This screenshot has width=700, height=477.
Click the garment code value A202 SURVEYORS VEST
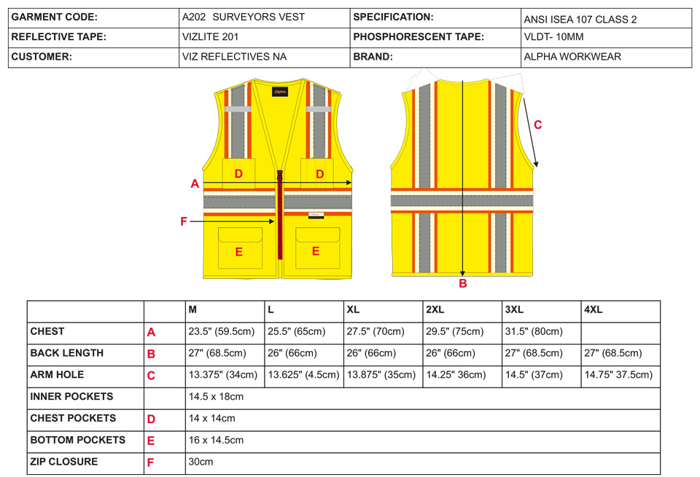[x=244, y=17]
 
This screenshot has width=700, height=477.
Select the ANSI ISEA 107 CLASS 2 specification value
[x=580, y=20]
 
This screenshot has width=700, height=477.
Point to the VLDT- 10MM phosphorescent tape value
[x=553, y=37]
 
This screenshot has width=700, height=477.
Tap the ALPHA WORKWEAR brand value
[x=572, y=57]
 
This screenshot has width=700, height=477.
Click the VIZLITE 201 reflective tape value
[x=210, y=37]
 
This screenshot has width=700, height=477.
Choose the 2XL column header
[x=435, y=310]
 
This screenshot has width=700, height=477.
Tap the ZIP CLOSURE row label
[x=64, y=462]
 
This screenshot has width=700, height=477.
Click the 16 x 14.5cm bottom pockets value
[x=216, y=441]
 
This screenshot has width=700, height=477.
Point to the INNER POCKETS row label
[x=71, y=397]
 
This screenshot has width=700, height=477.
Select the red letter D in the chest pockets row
[x=152, y=419]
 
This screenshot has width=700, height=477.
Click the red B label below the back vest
[x=463, y=283]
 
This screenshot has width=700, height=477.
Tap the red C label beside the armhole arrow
[x=538, y=125]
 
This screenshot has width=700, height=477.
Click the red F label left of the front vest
[x=184, y=221]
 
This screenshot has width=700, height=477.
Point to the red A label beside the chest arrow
[x=195, y=184]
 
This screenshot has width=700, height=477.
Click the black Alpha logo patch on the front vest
[x=280, y=92]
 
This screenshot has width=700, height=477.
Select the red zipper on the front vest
[x=280, y=214]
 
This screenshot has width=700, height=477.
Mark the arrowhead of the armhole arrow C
[x=536, y=165]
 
